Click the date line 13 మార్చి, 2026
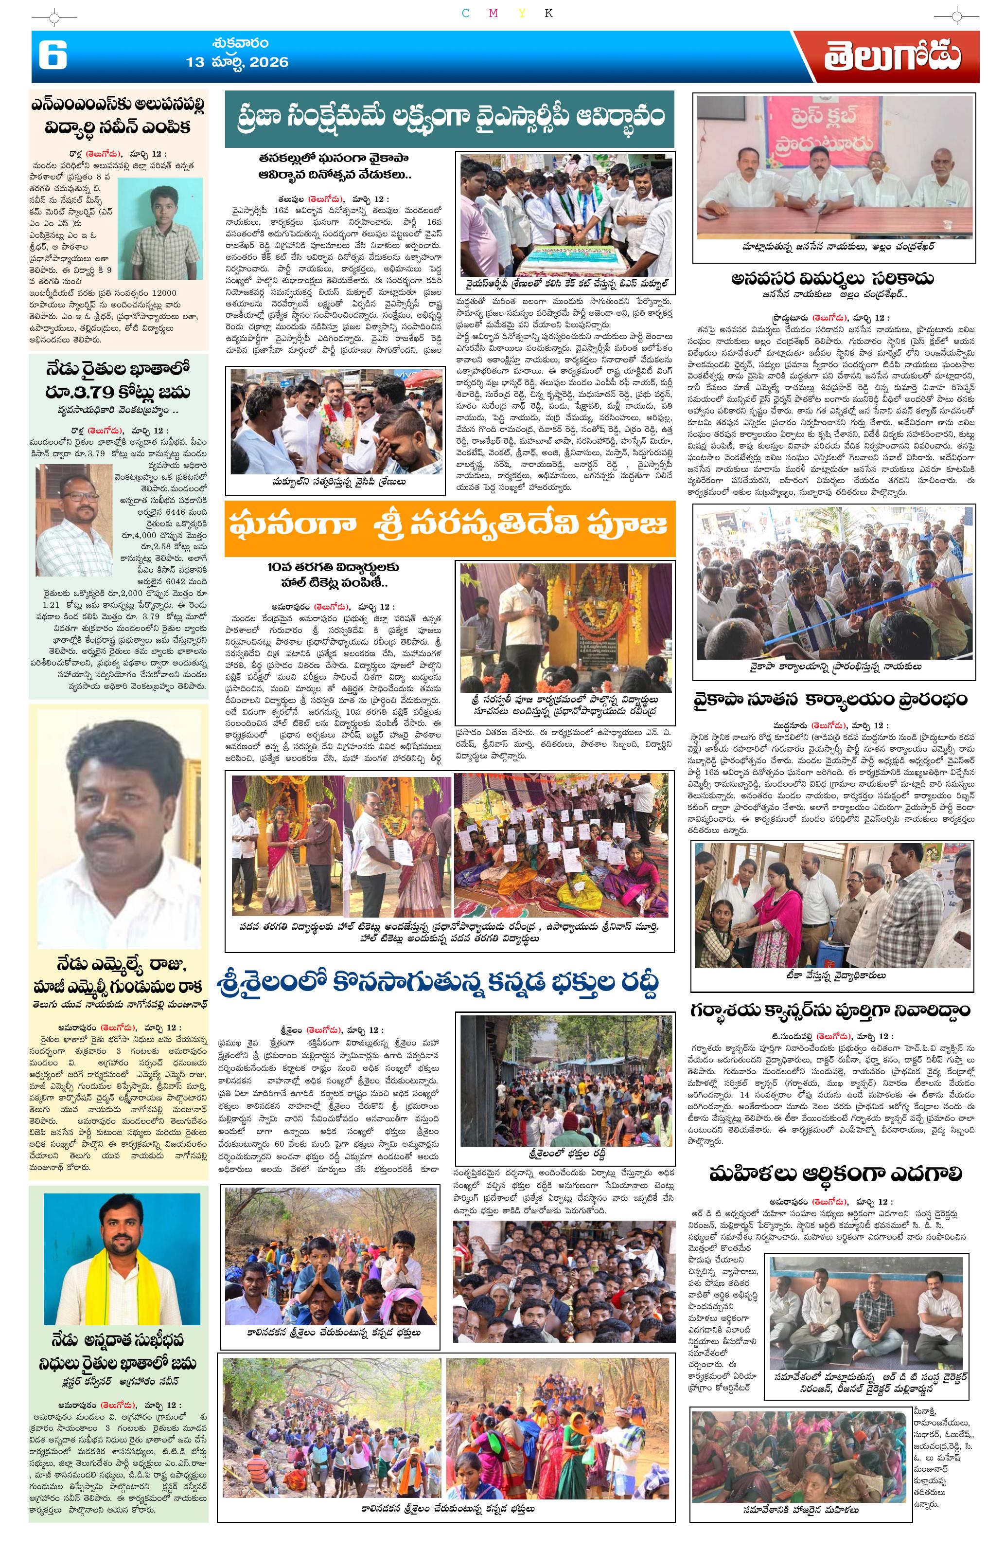tap(237, 62)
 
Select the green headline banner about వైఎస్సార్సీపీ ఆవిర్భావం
tap(449, 118)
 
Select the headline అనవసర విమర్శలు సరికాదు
tap(832, 278)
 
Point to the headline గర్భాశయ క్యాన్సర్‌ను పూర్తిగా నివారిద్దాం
tap(829, 1011)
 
